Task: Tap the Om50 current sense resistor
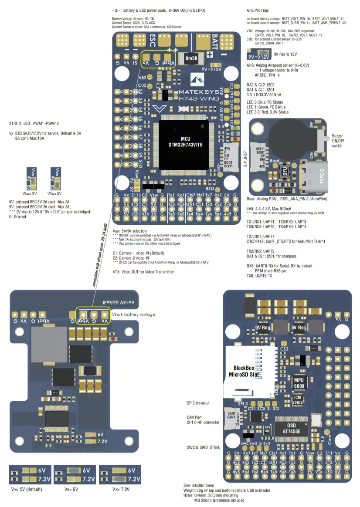coord(191,58)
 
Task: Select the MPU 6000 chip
coord(299,383)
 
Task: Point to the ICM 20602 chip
coord(298,400)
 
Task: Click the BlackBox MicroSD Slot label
coord(247,371)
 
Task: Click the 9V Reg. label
coord(263,327)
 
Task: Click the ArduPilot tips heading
coord(258,10)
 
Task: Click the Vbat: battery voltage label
coord(133,314)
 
